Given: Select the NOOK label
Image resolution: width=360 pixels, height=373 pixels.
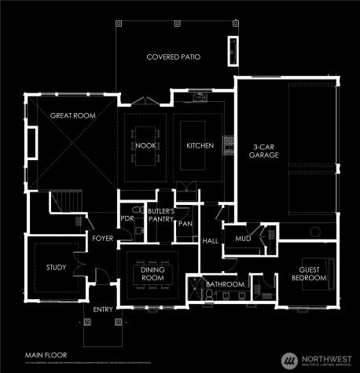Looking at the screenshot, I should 144,146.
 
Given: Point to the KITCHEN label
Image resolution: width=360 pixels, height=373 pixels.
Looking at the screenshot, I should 195,146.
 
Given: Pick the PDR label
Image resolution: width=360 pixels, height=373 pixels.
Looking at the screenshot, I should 126,218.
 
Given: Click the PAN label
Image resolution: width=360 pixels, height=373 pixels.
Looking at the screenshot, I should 185,224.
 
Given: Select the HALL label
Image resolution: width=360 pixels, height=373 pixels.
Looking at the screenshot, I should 210,241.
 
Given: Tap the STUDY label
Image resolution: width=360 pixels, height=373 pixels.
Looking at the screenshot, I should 56,267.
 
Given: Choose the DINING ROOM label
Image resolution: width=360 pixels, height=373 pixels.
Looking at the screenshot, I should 152,274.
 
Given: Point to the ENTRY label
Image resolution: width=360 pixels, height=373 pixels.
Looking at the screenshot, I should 103,309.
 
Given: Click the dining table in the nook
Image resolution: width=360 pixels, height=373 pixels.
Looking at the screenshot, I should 144,145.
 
